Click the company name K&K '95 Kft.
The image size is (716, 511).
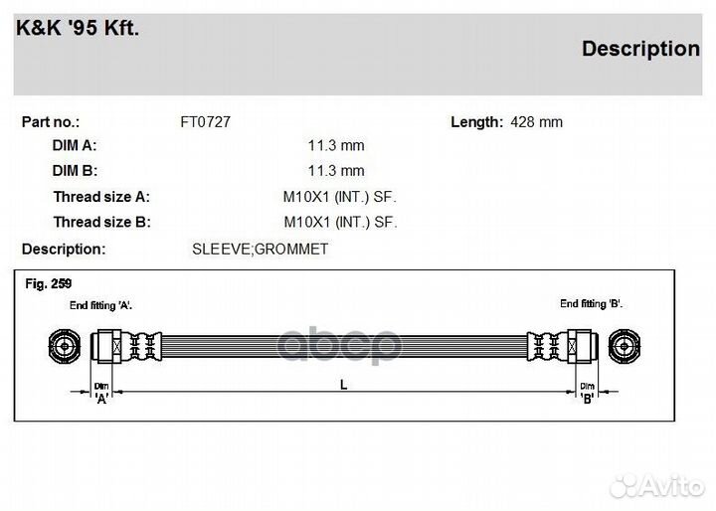tap(78, 28)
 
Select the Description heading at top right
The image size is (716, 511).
tap(639, 49)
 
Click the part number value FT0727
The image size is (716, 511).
tap(205, 122)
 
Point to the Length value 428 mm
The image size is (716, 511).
tap(536, 122)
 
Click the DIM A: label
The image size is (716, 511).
tap(75, 145)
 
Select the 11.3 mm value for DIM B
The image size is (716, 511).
tap(335, 171)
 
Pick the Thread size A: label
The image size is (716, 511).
tap(101, 197)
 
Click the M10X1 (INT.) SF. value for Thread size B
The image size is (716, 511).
tap(340, 222)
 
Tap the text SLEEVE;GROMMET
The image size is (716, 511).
tap(260, 249)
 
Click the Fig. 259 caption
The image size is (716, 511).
tap(48, 283)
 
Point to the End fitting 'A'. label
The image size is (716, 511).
tap(100, 305)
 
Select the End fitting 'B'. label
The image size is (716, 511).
tap(591, 303)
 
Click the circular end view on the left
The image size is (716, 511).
tap(63, 347)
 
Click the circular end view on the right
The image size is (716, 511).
tap(625, 347)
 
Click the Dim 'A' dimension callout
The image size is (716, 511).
tap(101, 393)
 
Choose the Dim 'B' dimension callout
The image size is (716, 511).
tap(587, 393)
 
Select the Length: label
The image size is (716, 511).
tap(476, 122)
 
